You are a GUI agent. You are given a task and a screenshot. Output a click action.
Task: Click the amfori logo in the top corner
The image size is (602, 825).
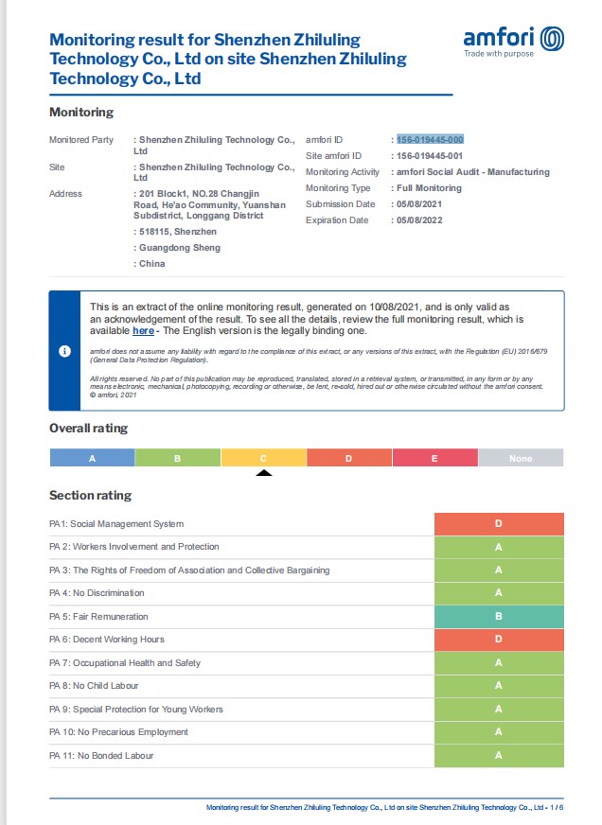pyautogui.click(x=513, y=41)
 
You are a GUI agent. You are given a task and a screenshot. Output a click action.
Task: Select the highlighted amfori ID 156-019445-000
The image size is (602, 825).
pyautogui.click(x=430, y=139)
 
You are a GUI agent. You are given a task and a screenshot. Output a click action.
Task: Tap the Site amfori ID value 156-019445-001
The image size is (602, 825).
pyautogui.click(x=430, y=155)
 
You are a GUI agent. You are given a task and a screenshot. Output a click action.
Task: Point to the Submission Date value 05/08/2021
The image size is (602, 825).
pyautogui.click(x=419, y=204)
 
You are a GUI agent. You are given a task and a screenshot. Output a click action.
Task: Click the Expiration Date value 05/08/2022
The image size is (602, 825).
pyautogui.click(x=419, y=220)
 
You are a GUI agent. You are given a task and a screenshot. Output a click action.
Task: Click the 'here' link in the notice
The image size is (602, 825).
pyautogui.click(x=143, y=331)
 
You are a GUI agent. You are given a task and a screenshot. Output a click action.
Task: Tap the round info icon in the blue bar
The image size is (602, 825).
pyautogui.click(x=65, y=351)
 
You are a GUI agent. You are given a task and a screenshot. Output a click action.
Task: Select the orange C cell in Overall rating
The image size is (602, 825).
pyautogui.click(x=264, y=458)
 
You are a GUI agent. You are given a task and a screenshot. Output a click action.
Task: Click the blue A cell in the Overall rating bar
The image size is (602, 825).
pyautogui.click(x=92, y=458)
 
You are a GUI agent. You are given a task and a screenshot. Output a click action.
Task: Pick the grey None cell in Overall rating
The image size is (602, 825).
pyautogui.click(x=521, y=458)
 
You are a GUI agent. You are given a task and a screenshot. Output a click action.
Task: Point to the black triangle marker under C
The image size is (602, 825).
pyautogui.click(x=264, y=472)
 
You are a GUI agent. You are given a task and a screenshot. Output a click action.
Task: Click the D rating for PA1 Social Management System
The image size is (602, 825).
pyautogui.click(x=499, y=523)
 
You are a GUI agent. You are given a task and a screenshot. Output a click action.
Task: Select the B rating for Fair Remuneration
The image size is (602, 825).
pyautogui.click(x=499, y=616)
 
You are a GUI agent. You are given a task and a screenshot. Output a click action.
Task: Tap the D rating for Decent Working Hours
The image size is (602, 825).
pyautogui.click(x=499, y=640)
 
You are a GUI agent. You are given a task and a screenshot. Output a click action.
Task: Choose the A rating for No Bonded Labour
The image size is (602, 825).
pyautogui.click(x=499, y=755)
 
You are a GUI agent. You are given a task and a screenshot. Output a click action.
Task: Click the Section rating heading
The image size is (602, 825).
pyautogui.click(x=90, y=496)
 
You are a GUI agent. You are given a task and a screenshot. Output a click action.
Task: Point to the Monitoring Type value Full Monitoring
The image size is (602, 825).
pyautogui.click(x=429, y=188)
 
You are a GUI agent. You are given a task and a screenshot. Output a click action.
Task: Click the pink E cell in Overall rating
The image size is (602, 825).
pyautogui.click(x=435, y=458)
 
